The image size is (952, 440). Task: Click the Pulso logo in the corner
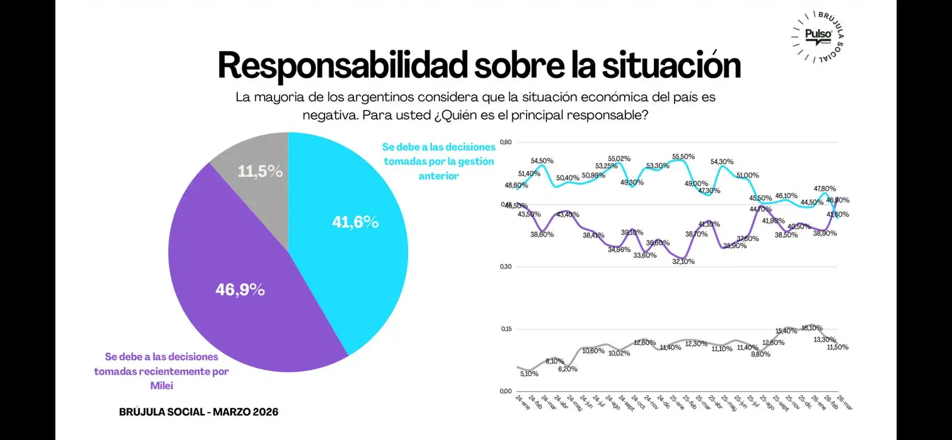tap(818, 35)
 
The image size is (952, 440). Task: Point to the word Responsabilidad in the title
tap(343, 65)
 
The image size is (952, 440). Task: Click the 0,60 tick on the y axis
tap(506, 142)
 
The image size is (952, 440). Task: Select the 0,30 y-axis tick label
tap(506, 267)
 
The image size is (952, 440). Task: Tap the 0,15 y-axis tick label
tap(506, 329)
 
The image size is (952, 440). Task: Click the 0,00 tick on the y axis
tap(506, 391)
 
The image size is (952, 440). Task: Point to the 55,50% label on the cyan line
tap(683, 157)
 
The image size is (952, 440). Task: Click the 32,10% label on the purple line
tap(683, 261)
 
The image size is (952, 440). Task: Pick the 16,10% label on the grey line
tap(812, 328)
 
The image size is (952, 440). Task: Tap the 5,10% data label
tap(529, 374)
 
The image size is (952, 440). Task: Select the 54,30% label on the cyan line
tap(722, 162)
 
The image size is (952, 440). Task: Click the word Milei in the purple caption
tap(161, 386)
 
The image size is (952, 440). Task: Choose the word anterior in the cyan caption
tap(439, 176)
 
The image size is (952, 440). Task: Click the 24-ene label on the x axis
tap(522, 402)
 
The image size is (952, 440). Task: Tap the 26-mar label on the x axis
tap(844, 402)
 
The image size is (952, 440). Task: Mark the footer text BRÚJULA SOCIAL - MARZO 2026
tap(199, 412)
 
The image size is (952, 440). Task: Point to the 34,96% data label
tap(619, 250)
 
